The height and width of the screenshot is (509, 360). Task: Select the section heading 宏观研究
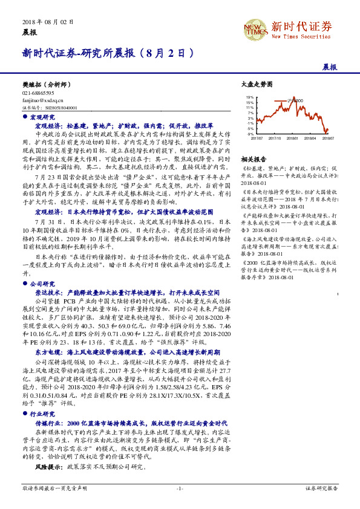click(42, 117)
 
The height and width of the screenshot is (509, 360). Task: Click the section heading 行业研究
click(42, 414)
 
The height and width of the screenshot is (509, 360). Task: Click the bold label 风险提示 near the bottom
click(46, 467)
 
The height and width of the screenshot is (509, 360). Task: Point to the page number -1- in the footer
click(179, 488)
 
